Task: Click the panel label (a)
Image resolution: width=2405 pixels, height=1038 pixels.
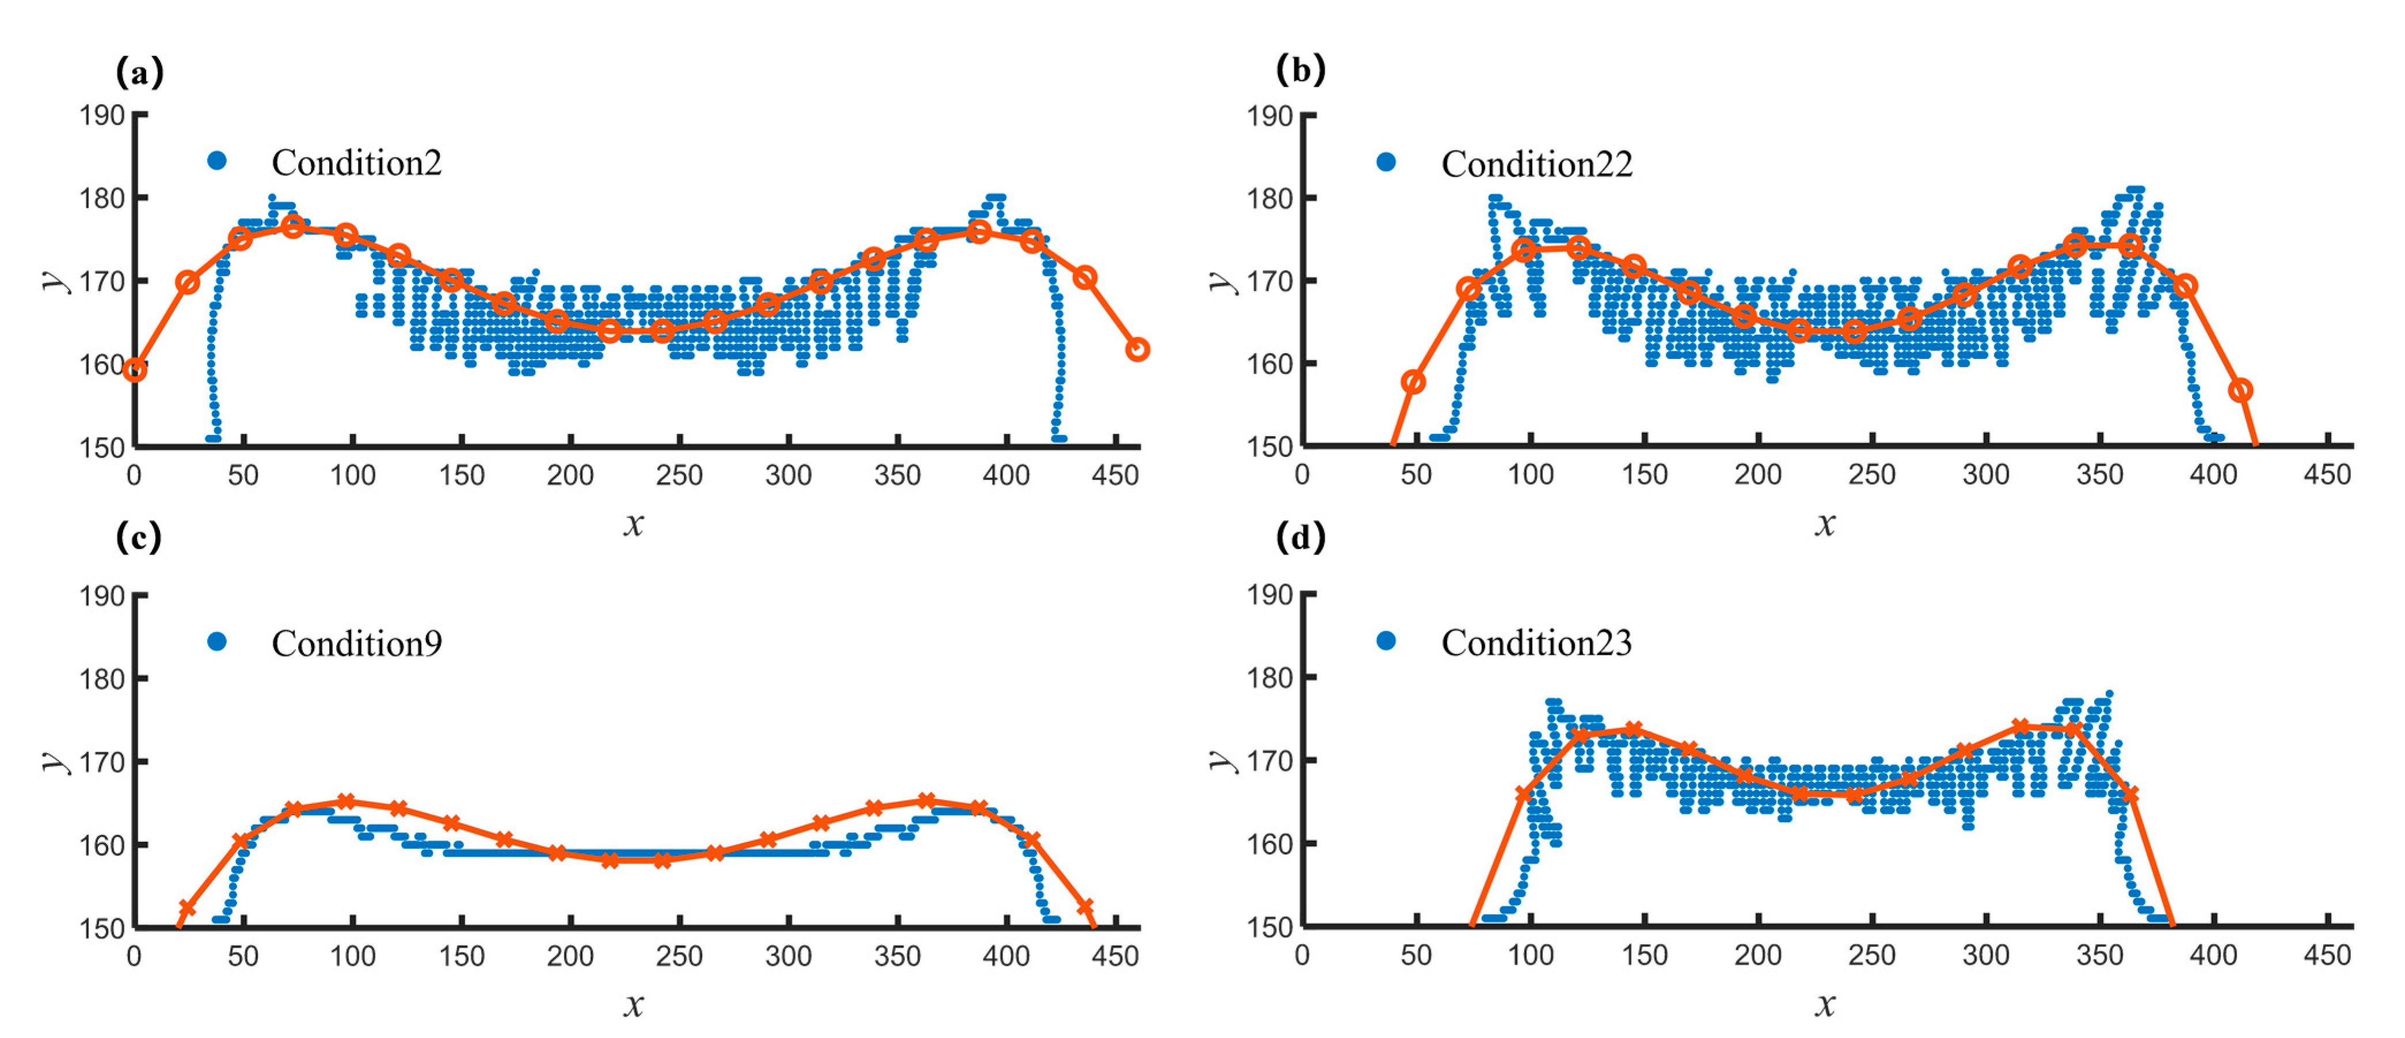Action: [139, 72]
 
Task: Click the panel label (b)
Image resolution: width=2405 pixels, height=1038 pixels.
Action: [1301, 70]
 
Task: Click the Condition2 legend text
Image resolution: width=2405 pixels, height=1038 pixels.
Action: [357, 163]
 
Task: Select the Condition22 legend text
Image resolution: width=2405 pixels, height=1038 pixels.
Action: [1537, 165]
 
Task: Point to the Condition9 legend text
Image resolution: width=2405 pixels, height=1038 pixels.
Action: [357, 644]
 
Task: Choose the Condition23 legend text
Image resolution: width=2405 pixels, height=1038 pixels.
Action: [1537, 643]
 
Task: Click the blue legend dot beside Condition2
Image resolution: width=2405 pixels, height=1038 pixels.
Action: [216, 161]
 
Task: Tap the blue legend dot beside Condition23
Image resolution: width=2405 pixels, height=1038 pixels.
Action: [1386, 640]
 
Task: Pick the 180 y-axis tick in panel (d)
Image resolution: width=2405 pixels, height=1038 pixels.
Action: [1270, 678]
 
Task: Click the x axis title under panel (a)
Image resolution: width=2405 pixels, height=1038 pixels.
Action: [634, 525]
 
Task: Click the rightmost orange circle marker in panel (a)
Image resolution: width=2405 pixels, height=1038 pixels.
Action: [1137, 350]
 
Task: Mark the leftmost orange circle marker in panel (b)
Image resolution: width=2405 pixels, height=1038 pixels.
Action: [1413, 382]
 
